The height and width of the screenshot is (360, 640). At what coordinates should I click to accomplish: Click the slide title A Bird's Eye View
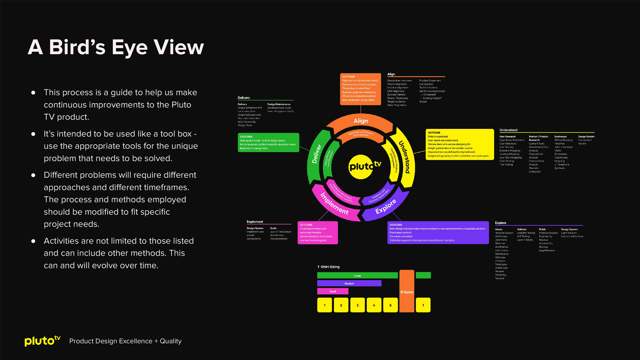tap(116, 47)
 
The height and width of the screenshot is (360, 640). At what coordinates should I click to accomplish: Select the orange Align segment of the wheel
tap(361, 121)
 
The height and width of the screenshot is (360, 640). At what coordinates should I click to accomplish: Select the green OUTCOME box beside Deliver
tap(268, 143)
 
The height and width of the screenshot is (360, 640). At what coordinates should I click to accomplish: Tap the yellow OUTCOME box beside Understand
tap(459, 144)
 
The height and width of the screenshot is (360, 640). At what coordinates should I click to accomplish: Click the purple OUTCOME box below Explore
tap(438, 233)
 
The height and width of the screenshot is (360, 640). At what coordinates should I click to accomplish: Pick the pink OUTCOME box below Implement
tap(317, 233)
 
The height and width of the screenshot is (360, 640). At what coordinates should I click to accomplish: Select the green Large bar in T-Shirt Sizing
tap(357, 275)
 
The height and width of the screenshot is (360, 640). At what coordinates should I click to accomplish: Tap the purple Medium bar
tap(349, 283)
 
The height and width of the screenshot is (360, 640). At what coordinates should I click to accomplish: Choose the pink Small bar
tap(333, 291)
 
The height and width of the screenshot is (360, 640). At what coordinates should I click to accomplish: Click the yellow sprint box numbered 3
tap(357, 305)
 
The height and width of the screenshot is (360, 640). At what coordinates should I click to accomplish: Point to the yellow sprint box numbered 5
tap(390, 305)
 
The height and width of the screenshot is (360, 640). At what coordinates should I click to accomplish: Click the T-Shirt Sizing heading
tap(328, 267)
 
